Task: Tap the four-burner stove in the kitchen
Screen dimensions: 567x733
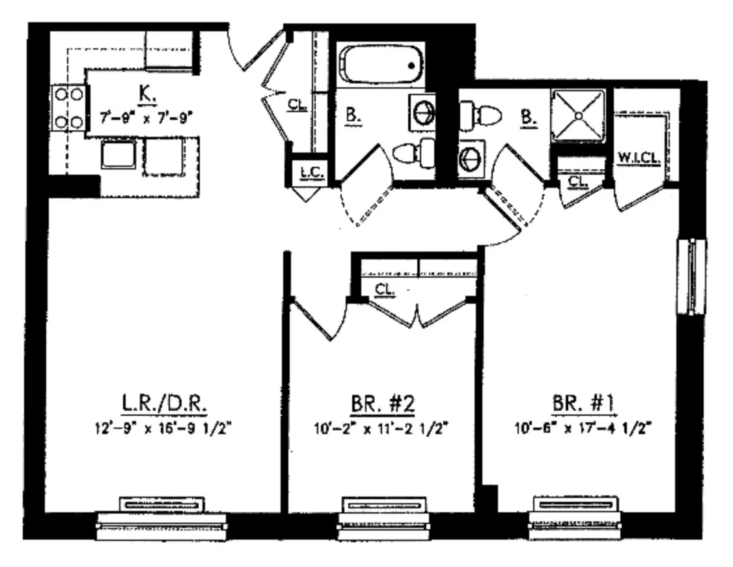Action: point(68,108)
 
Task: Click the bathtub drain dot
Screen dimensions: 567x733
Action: point(411,65)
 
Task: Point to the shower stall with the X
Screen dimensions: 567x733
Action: point(579,116)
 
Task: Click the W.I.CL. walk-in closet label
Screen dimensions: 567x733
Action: point(639,159)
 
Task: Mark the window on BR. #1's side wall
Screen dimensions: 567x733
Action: point(691,276)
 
